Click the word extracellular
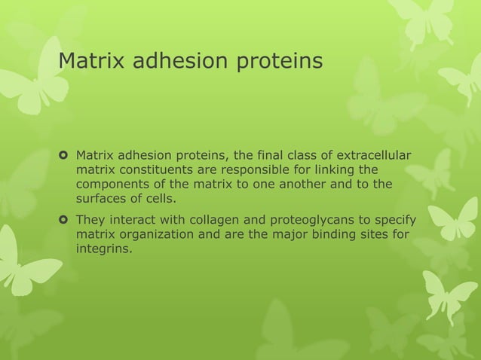point(373,156)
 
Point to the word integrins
point(103,249)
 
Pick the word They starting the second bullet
point(90,221)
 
